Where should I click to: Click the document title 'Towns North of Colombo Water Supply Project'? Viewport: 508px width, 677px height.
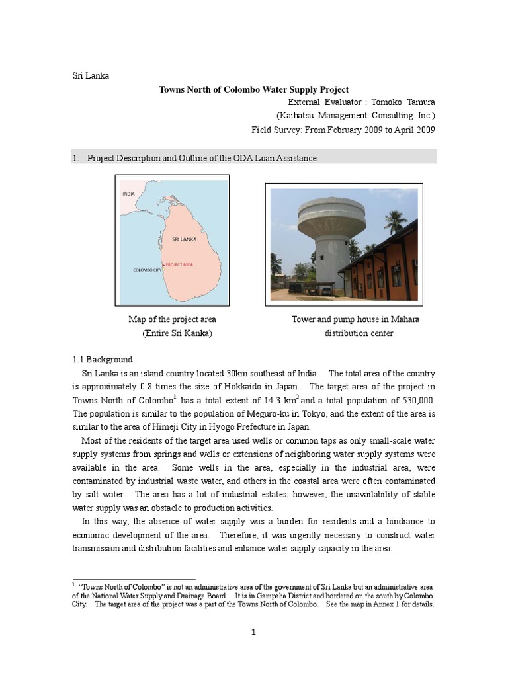[253, 89]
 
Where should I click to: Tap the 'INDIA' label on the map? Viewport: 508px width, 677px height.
[130, 194]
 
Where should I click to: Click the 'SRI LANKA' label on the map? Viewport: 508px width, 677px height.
[183, 239]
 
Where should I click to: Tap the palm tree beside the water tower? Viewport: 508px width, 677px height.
[395, 221]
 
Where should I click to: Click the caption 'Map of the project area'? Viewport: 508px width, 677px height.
[172, 319]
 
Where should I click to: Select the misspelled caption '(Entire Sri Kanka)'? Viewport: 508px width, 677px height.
[177, 333]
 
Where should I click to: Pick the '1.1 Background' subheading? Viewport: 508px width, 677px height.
[103, 360]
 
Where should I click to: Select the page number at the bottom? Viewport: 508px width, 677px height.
[253, 633]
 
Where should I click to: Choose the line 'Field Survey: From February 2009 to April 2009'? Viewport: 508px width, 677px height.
[343, 130]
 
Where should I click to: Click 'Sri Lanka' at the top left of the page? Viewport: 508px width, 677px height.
[91, 75]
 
